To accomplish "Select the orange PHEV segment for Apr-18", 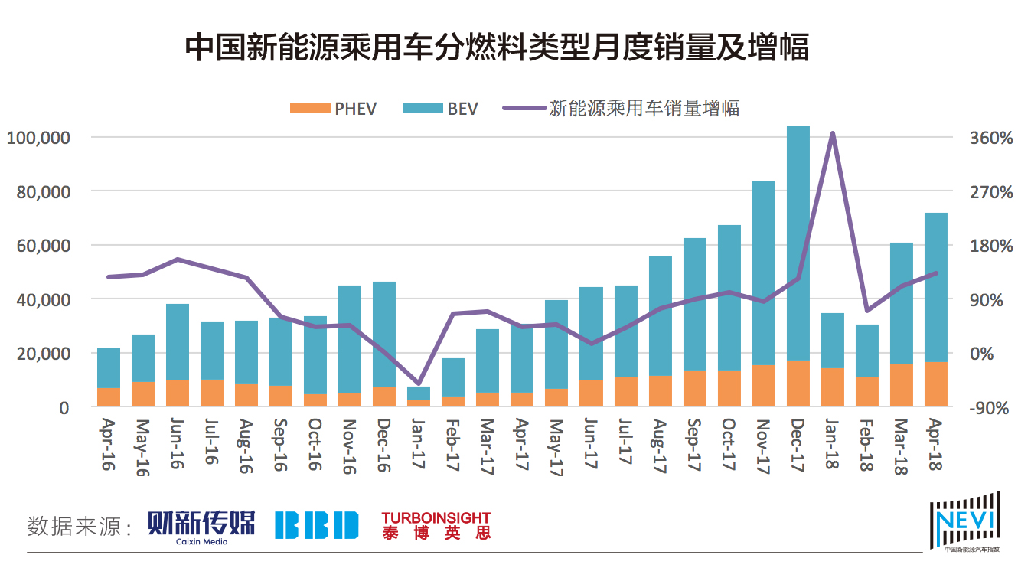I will click(x=936, y=384).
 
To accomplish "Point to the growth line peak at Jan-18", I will click(x=833, y=134).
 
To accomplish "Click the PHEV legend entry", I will click(x=334, y=109).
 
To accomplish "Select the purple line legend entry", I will click(x=621, y=109).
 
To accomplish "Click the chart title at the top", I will click(x=497, y=48).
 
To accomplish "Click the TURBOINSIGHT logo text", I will click(x=436, y=518).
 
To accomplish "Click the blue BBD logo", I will click(x=317, y=525).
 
